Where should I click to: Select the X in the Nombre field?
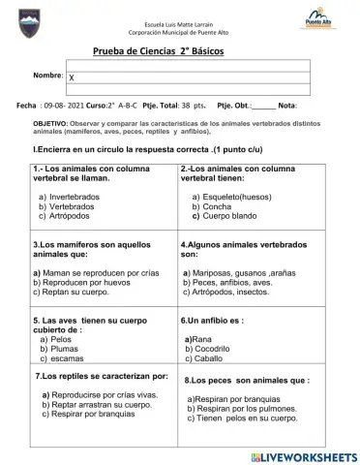[x=72, y=77]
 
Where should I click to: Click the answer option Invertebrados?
[x=74, y=197]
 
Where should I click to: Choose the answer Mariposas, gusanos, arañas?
[x=243, y=273]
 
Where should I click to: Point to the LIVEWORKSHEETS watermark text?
[x=309, y=455]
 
